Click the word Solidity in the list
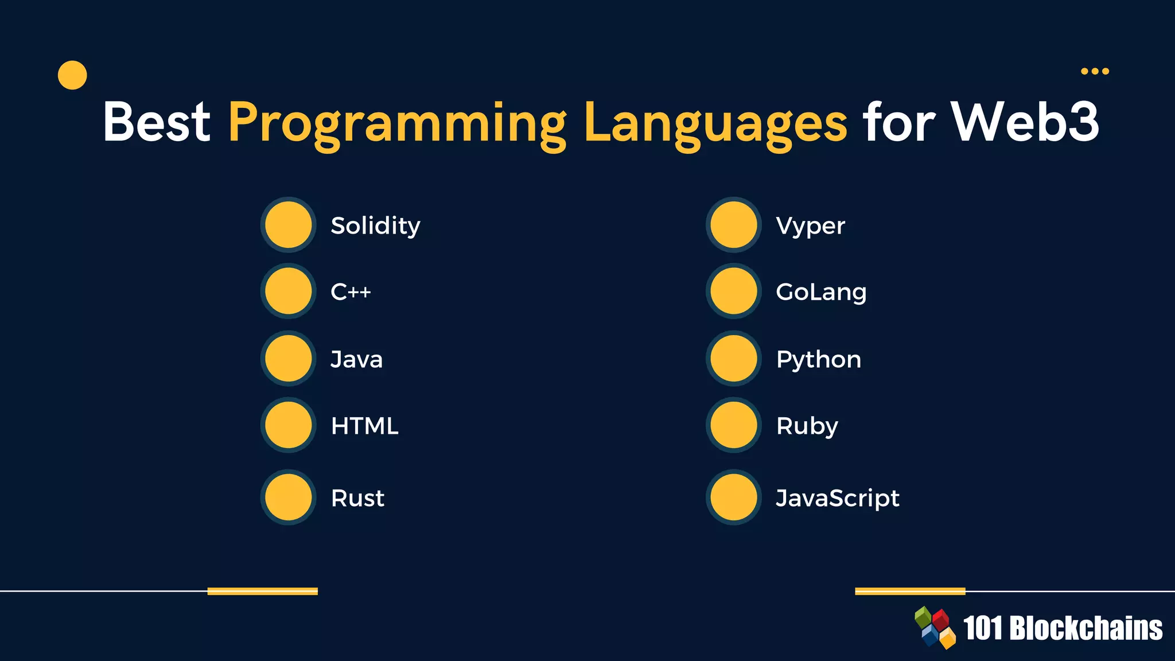click(x=375, y=225)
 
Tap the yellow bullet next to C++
click(x=289, y=291)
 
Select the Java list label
click(x=356, y=359)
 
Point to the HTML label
click(x=364, y=426)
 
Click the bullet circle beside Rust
click(x=289, y=497)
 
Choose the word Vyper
click(x=810, y=226)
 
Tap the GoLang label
click(x=821, y=292)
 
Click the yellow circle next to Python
click(x=734, y=359)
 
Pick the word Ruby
click(x=807, y=426)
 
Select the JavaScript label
click(x=837, y=498)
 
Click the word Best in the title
click(x=157, y=122)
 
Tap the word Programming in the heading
click(x=397, y=123)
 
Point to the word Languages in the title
click(x=715, y=123)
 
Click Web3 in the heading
click(x=1025, y=122)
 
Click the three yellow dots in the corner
click(x=1095, y=71)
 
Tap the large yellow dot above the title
click(x=72, y=75)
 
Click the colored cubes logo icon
click(x=935, y=628)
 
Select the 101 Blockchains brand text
click(x=1063, y=628)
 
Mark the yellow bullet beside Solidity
click(x=289, y=225)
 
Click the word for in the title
click(x=898, y=122)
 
